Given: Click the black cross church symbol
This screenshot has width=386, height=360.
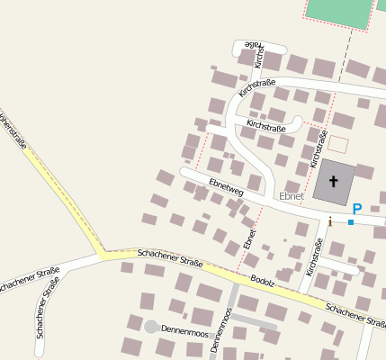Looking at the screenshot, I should coord(334,182).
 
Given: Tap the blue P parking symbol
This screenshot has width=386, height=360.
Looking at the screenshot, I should coord(356,209).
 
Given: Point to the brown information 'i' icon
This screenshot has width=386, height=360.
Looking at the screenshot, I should coord(330,220).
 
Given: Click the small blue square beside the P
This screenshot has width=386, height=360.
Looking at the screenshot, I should coord(350,221).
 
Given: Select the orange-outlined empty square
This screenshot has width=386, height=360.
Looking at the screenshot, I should coord(337,143).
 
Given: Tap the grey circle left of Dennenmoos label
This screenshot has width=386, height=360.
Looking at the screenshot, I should coord(151,327).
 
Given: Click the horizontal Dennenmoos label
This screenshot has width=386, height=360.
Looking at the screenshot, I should coord(184,330).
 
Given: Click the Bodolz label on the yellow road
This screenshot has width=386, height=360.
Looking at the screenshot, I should coord(262,281).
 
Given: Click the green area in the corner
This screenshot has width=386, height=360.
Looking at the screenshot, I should coord(338,12).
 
